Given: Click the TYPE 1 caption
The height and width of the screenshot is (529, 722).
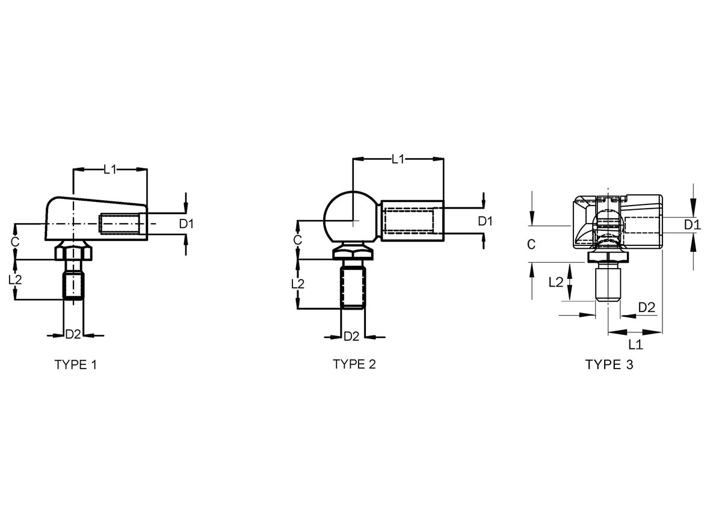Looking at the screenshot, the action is click(76, 365).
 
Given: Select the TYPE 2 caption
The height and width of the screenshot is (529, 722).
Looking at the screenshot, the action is click(354, 364).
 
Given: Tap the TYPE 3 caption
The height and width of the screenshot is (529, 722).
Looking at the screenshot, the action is click(609, 364).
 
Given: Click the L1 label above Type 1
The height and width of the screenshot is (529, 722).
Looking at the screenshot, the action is click(110, 170).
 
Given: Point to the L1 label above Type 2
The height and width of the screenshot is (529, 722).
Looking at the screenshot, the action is click(398, 159).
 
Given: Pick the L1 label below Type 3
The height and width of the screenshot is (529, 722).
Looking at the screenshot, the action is click(635, 345).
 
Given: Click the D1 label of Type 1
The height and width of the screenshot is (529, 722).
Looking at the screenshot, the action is click(187, 224).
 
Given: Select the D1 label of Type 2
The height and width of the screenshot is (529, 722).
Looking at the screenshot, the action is click(485, 221).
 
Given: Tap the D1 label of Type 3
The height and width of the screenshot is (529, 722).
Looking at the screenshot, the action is click(693, 225).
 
